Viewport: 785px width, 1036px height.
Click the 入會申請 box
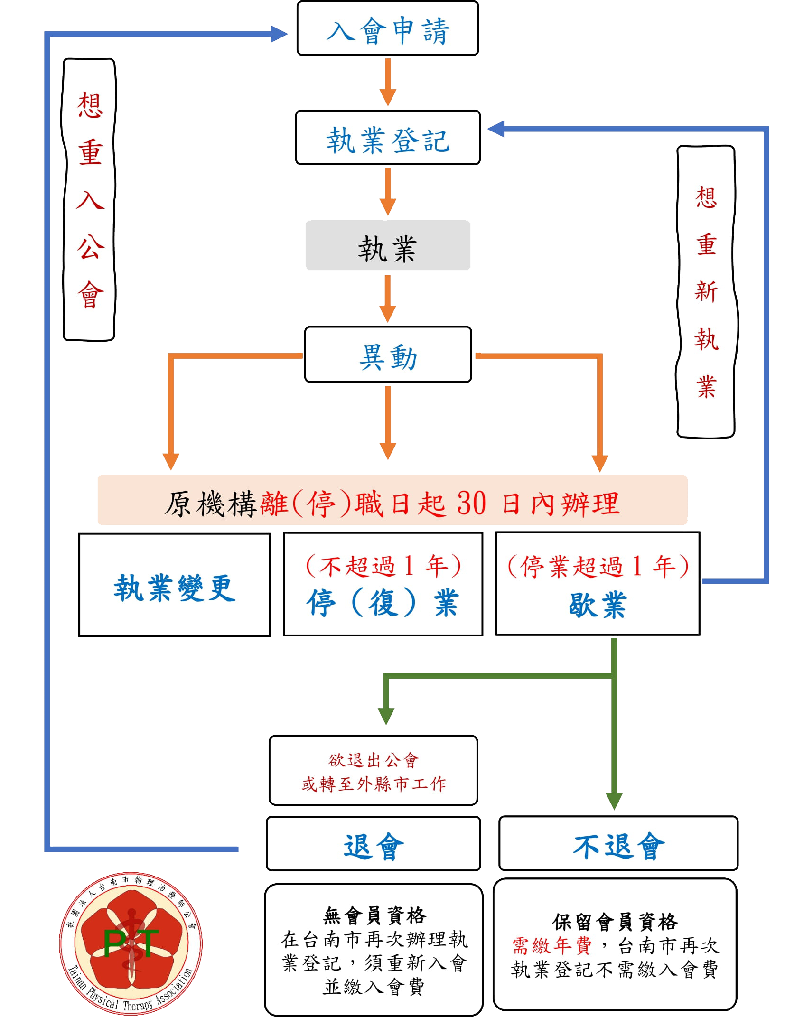click(387, 28)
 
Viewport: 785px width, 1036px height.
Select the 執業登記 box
click(387, 138)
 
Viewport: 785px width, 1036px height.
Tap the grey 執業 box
click(387, 245)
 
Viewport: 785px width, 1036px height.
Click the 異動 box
click(387, 355)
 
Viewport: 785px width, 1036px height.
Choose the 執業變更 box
click(174, 585)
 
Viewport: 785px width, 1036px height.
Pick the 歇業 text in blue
click(598, 605)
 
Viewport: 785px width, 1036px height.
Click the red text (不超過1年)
click(383, 566)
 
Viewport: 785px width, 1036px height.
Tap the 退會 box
click(373, 844)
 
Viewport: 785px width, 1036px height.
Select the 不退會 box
click(618, 843)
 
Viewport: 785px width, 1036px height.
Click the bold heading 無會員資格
click(374, 915)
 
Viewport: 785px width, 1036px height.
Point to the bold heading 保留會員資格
click(615, 922)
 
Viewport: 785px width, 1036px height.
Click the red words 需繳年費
click(551, 945)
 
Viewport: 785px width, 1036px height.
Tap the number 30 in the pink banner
click(471, 503)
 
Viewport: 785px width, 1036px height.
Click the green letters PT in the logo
click(131, 943)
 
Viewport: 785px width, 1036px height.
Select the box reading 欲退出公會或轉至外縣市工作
click(373, 770)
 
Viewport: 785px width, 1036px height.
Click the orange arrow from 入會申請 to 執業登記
click(387, 82)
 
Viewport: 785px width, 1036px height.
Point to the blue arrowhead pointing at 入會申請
click(279, 34)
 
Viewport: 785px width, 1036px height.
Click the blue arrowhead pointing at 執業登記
click(496, 129)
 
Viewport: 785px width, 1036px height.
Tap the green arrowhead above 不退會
click(614, 801)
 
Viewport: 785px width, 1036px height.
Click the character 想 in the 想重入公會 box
click(90, 105)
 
